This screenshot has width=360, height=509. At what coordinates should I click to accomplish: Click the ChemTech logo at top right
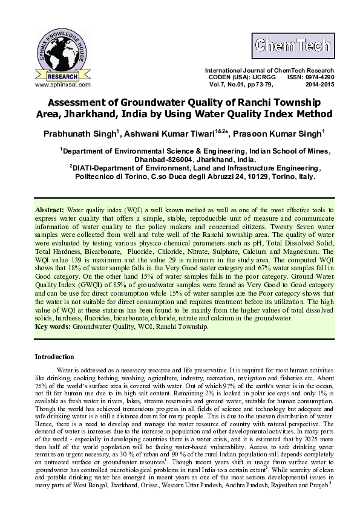tap(293, 45)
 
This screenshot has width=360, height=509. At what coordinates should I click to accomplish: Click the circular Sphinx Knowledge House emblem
tap(59, 53)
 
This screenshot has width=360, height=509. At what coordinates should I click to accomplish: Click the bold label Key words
tap(53, 326)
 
